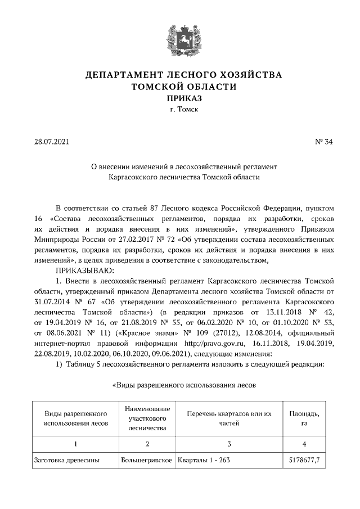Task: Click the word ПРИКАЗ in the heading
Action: [180, 98]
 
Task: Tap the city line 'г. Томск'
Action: [180, 110]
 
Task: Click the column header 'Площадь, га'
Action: [304, 418]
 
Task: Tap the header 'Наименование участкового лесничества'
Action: [147, 418]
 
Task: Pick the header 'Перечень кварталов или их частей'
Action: [229, 418]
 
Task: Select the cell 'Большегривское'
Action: [146, 460]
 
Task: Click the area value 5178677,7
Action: [304, 460]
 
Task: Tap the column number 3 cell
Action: [229, 444]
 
